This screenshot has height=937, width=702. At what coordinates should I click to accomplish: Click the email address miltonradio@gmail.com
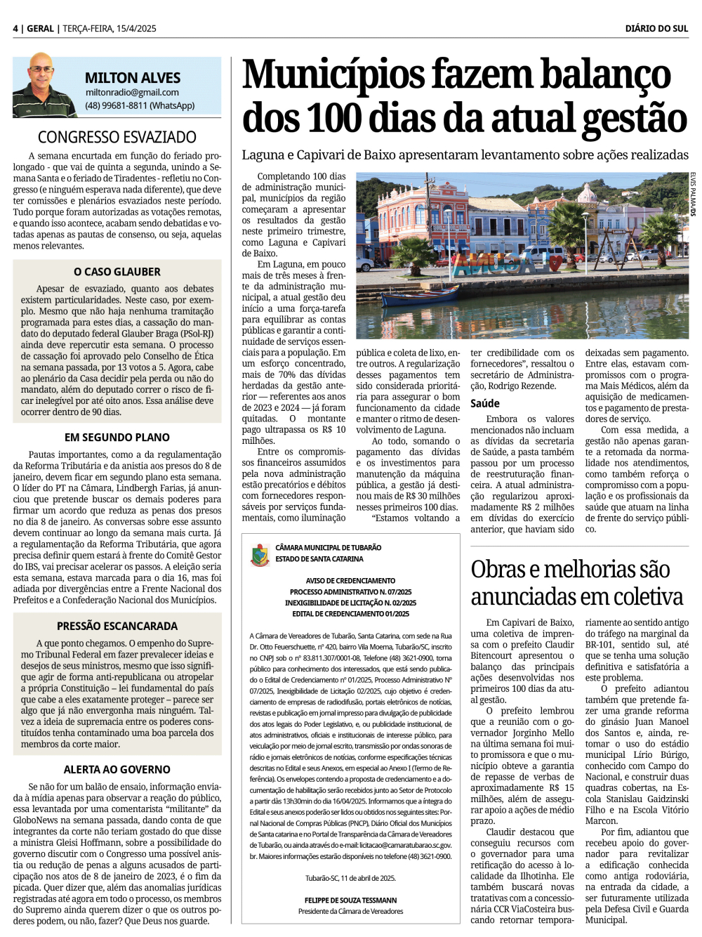coord(132,92)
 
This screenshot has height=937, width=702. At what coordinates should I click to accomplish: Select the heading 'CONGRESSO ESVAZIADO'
coord(117,137)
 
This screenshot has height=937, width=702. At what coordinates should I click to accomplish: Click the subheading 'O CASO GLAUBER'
coord(117,272)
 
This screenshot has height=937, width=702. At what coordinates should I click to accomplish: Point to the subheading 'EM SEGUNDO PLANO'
coord(117,437)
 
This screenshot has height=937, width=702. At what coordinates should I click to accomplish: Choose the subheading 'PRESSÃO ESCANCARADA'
coord(117,626)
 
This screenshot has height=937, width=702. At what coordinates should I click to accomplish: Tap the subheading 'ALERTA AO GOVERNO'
coord(117,770)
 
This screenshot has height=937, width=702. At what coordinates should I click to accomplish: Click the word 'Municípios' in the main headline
coord(333,75)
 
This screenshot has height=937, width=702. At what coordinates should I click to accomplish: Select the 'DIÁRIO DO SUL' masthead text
coord(656,28)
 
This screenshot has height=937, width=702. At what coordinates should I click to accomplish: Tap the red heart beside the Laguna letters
coord(555,263)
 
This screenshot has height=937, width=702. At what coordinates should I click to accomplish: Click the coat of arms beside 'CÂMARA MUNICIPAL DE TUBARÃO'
coord(259,554)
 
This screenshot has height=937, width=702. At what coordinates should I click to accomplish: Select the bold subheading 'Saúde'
coord(485,403)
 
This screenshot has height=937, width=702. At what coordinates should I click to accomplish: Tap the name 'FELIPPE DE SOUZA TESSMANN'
coord(350,900)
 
